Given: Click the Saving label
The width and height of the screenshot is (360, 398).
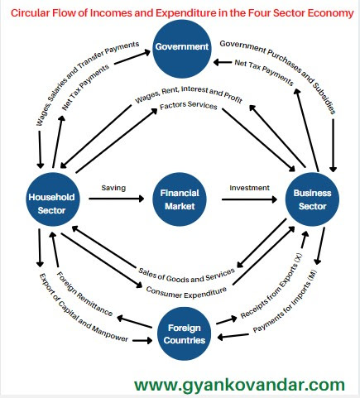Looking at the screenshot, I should click(113, 188).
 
